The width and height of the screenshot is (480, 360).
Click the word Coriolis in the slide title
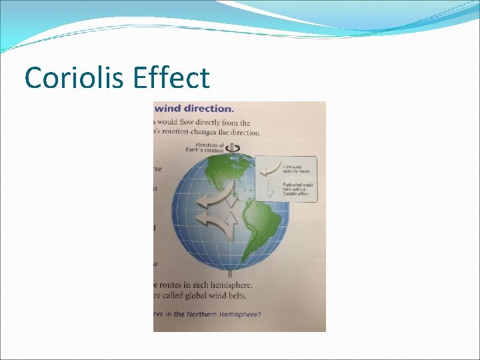tap(73, 77)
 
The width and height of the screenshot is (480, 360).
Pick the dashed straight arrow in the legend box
tap(269, 189)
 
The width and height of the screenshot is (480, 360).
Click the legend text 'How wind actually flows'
tap(294, 169)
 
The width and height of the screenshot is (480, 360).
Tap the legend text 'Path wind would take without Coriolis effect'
tap(297, 189)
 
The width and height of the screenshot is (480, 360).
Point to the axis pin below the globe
tap(231, 273)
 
